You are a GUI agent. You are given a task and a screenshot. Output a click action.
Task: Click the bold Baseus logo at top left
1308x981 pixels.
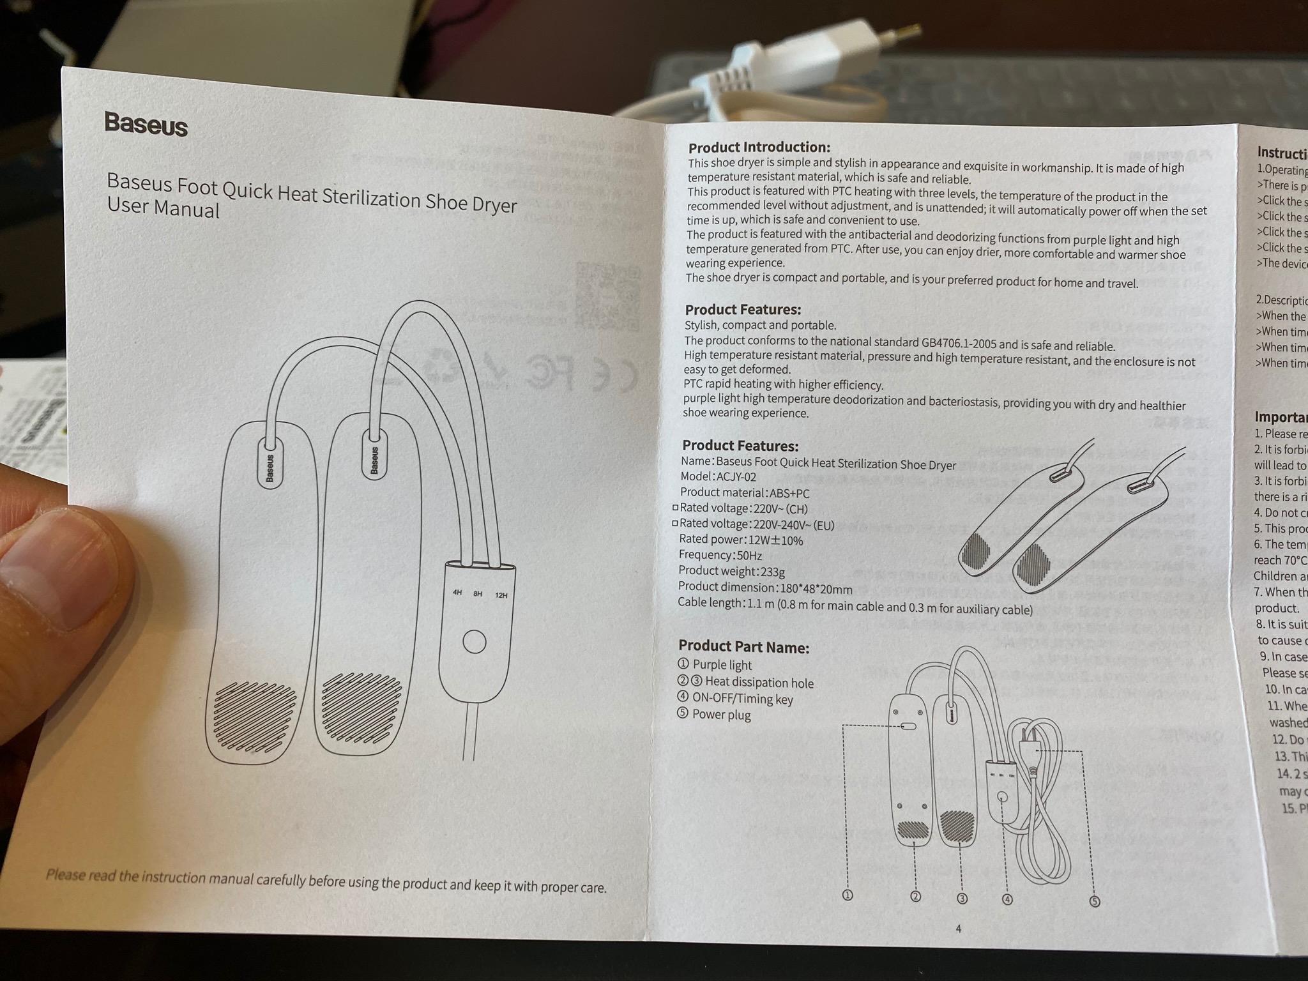pos(146,123)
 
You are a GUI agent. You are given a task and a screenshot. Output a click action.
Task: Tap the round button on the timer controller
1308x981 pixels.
pos(474,641)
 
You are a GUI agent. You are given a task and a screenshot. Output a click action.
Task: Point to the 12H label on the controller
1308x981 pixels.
pos(501,595)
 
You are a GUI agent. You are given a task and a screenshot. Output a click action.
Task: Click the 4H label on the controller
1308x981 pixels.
pos(457,592)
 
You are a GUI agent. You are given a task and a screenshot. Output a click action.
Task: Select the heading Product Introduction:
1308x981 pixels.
pos(759,148)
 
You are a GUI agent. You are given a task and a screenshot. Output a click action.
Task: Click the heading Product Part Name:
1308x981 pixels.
pos(743,646)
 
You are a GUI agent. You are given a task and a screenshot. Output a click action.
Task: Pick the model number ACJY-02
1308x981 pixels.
pos(736,476)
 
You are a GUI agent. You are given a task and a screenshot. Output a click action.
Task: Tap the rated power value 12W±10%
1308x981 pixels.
pos(775,540)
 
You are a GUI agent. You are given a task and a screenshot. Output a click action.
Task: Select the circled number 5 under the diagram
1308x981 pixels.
pos(1094,901)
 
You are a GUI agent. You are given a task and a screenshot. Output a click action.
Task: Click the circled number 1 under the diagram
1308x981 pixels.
pos(848,895)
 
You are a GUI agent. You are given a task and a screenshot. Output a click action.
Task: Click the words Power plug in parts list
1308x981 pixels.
pos(721,715)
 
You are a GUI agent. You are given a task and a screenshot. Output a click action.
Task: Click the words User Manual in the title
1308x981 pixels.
pos(163,208)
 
